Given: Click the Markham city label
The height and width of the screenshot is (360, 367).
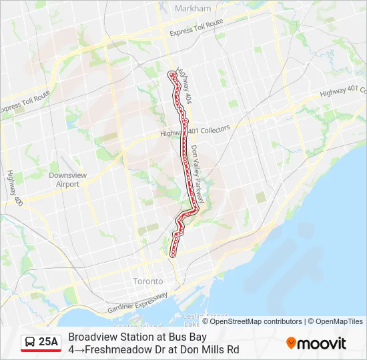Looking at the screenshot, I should (192, 9).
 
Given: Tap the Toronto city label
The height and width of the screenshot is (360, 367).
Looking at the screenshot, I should (147, 281).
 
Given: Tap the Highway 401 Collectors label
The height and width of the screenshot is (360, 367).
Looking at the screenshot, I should (195, 131).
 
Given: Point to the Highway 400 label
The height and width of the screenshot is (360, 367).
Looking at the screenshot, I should (15, 187).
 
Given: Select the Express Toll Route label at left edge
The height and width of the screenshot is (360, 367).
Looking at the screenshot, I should (25, 102).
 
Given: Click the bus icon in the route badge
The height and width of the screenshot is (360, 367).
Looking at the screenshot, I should (30, 343).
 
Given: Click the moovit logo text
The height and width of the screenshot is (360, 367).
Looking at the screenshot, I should (322, 343).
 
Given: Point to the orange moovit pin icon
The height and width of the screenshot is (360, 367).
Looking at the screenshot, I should (291, 343).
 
